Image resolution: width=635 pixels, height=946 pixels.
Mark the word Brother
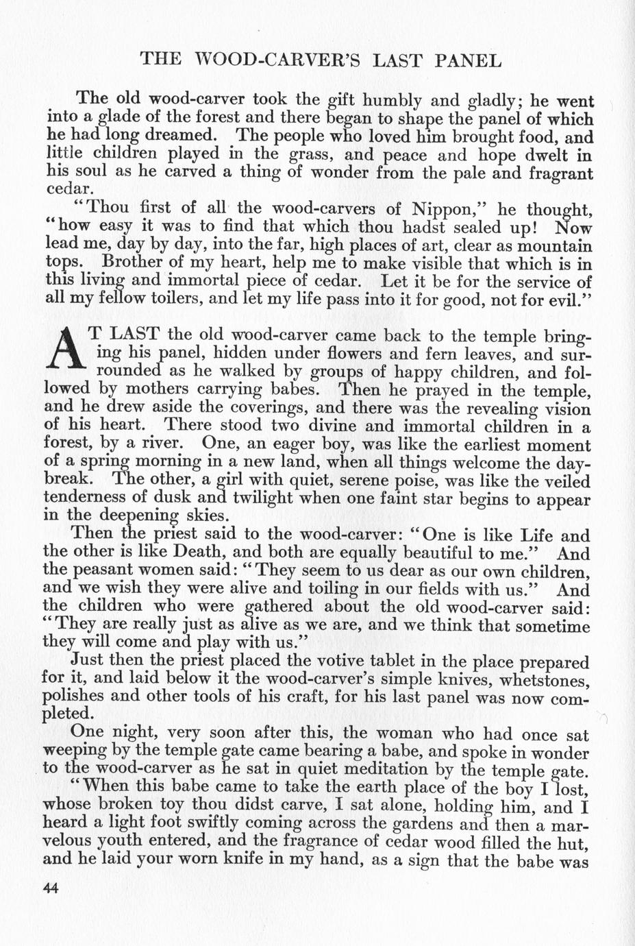pos(135,263)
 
